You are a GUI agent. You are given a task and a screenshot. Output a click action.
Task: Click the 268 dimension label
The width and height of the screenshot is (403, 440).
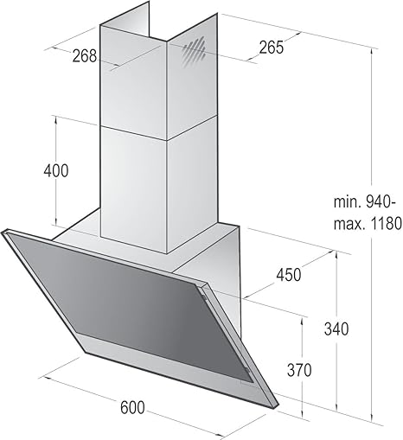[84, 56]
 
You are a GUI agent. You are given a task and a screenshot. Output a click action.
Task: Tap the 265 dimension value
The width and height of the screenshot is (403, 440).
[272, 48]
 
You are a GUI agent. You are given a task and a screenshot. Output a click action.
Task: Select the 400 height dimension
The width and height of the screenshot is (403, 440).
[56, 170]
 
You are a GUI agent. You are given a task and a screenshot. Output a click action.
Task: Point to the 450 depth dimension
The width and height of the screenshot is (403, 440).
[288, 274]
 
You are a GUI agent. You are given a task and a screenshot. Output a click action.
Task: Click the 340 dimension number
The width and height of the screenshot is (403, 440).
[336, 328]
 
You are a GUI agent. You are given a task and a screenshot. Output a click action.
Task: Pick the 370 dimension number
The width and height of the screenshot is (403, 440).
[299, 370]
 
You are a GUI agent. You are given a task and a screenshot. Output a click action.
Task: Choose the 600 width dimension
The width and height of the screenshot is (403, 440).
[132, 407]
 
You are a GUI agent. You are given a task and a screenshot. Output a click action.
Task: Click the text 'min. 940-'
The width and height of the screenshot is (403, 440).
[363, 202]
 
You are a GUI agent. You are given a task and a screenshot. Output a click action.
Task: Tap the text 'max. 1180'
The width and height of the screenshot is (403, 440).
[368, 223]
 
